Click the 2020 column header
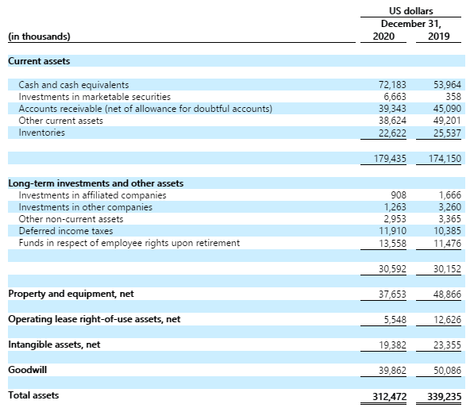click(383, 37)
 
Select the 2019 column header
click(438, 37)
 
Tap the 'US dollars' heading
click(411, 11)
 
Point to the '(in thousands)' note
click(39, 37)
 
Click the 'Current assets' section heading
click(39, 61)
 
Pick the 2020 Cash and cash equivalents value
click(392, 85)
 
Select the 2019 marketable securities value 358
click(453, 97)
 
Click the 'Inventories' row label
click(41, 133)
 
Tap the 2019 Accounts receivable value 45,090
click(447, 109)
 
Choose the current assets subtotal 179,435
click(390, 158)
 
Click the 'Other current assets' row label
click(60, 121)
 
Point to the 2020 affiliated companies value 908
click(399, 195)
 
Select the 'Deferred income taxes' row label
click(66, 231)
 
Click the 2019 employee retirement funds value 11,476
click(447, 243)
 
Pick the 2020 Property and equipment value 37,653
click(392, 294)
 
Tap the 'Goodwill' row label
click(27, 370)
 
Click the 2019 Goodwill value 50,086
click(447, 371)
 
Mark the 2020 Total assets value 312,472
click(390, 397)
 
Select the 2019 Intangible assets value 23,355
click(447, 345)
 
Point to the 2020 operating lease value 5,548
click(395, 320)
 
